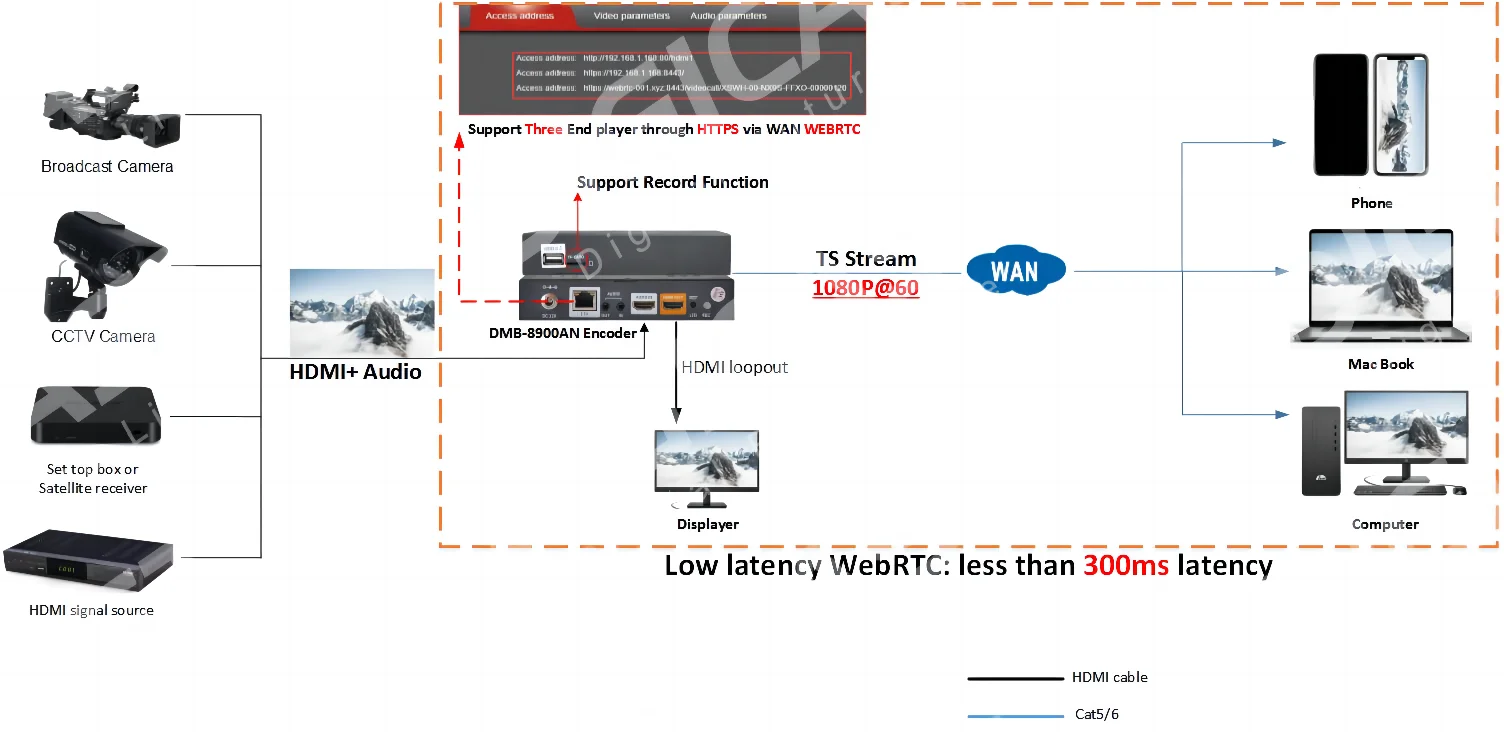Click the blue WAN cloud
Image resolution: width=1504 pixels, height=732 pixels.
1015,270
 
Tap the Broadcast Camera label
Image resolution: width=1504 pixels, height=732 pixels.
107,167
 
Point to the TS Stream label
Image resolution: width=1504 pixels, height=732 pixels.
866,259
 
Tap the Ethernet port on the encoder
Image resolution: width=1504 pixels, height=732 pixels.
583,298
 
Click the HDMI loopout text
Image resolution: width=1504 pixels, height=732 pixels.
734,367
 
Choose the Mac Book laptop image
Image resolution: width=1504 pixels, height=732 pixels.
1380,288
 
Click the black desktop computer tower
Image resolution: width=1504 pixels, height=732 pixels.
1320,451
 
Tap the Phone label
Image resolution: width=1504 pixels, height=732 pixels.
1371,203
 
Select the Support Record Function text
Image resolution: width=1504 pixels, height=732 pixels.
673,182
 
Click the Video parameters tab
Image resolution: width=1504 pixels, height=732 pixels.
631,16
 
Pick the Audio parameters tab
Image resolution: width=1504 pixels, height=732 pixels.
728,16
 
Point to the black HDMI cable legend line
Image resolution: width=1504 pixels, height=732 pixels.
1015,678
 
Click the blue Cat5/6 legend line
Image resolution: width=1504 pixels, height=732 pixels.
1015,716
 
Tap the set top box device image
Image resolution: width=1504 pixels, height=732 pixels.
94,414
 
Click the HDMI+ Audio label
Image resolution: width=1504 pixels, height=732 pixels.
355,372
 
